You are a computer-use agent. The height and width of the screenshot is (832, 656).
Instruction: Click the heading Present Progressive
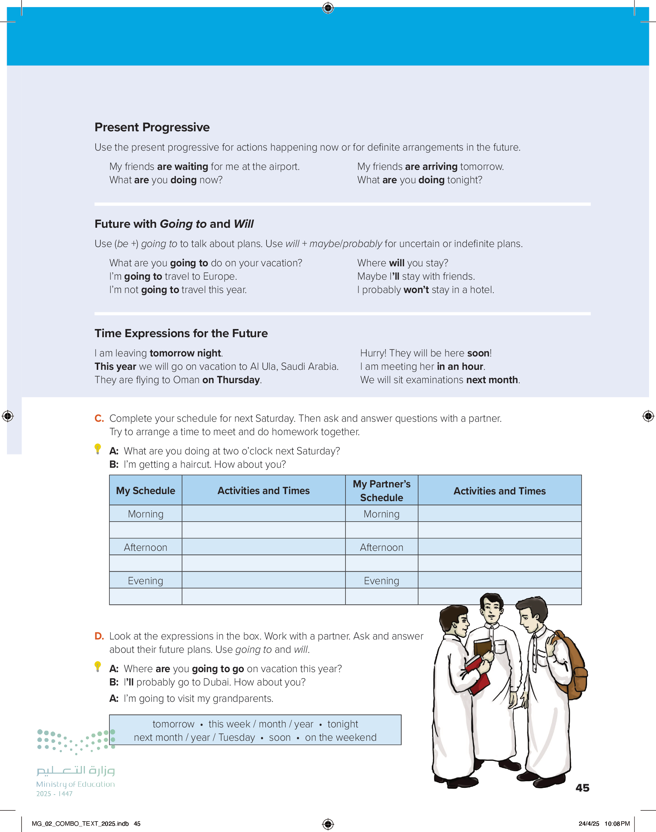click(x=152, y=127)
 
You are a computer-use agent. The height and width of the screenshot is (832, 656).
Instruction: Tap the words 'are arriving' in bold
click(x=431, y=167)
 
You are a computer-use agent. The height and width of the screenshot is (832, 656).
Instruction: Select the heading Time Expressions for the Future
click(x=181, y=333)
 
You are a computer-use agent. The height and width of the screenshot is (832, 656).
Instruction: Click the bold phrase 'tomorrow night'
click(x=185, y=353)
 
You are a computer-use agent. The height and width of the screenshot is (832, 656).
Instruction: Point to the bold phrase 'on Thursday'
click(x=231, y=380)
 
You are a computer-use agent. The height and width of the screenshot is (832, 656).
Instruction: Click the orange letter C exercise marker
click(x=99, y=418)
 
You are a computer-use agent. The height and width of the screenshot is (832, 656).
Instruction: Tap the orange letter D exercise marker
click(x=99, y=636)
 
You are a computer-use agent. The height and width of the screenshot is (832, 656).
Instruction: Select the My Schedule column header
click(x=146, y=491)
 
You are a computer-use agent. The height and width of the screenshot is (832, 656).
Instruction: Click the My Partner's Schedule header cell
click(x=381, y=491)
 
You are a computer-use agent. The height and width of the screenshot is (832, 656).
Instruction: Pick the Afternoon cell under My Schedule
click(x=146, y=547)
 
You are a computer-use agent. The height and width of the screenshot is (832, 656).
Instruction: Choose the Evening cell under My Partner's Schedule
click(x=381, y=581)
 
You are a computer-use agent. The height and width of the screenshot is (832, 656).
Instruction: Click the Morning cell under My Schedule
click(x=146, y=514)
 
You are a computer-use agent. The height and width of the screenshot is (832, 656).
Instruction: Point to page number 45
click(x=582, y=788)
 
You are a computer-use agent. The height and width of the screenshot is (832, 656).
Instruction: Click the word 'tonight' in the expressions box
click(x=342, y=724)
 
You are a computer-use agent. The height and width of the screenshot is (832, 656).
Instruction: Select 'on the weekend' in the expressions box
click(x=341, y=737)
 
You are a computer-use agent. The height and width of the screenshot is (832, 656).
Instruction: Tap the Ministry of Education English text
click(x=75, y=784)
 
